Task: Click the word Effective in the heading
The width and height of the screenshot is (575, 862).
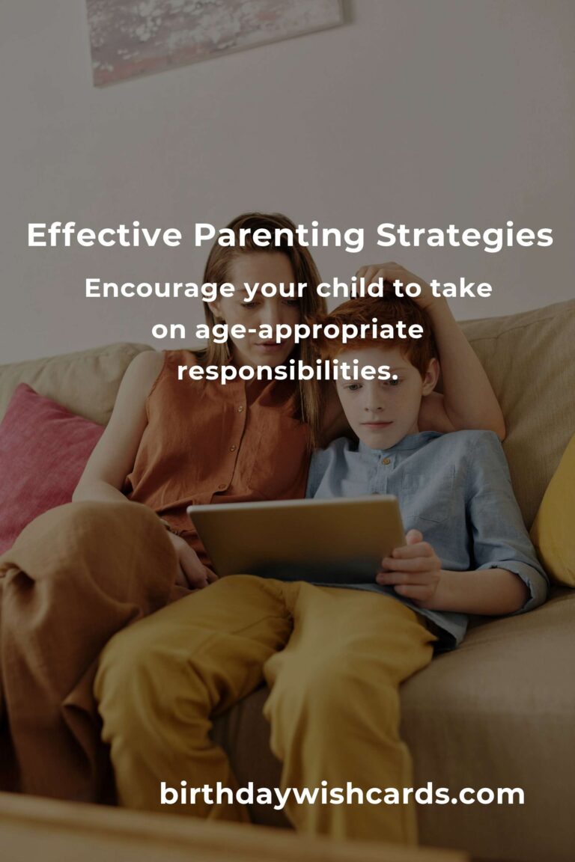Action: coord(105,235)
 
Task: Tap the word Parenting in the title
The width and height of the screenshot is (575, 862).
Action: coord(279,237)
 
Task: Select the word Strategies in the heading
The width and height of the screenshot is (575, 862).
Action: coord(464,237)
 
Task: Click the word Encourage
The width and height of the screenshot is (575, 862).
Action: coord(160,289)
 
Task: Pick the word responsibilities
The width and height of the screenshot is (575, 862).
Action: coord(287,372)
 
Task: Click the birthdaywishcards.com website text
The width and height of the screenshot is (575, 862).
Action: coord(341,795)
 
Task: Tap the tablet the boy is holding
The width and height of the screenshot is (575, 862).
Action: coord(297,539)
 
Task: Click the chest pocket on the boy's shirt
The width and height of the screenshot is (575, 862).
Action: coord(429,495)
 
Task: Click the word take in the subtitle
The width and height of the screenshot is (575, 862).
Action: coord(461,287)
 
